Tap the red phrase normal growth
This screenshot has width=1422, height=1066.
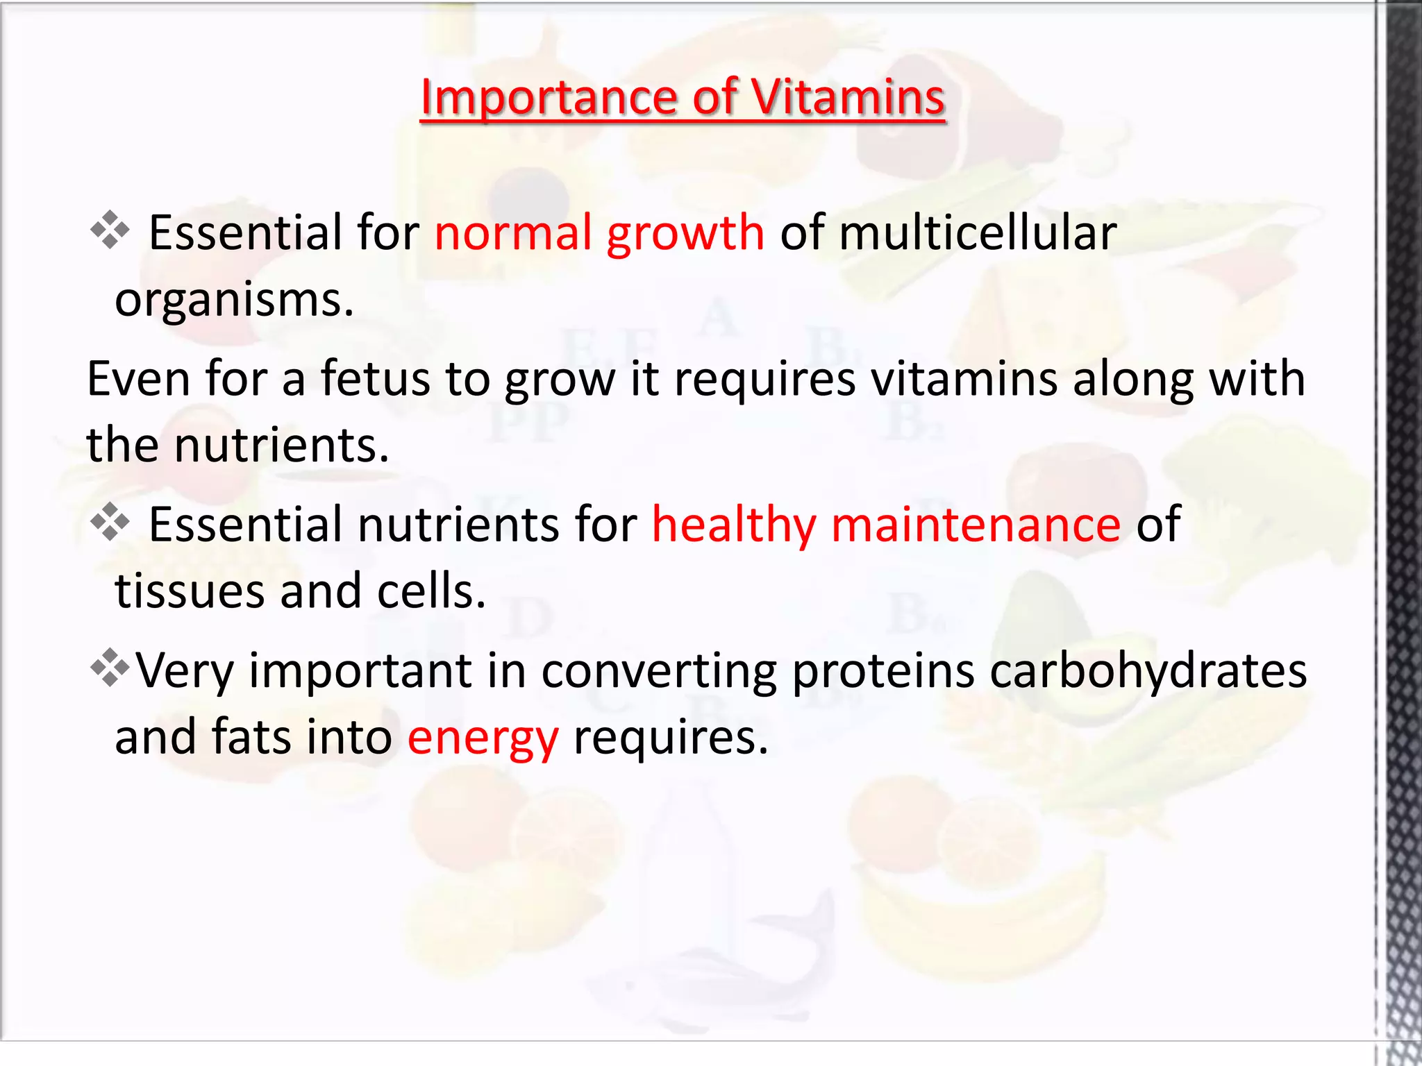(599, 232)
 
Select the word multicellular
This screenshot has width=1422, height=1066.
(978, 232)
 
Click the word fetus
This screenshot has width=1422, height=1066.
(375, 379)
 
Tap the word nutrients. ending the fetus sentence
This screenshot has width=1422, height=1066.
(281, 445)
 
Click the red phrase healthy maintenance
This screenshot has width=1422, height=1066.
(886, 524)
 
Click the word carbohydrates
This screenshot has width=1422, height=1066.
(1148, 670)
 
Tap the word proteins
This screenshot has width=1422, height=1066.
(883, 670)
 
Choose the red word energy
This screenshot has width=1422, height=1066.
(483, 738)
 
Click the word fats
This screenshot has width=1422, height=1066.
(251, 737)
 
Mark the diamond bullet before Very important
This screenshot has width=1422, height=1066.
(110, 668)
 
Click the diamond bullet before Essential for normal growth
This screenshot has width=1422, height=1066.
(110, 230)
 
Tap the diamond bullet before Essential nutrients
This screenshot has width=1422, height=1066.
(110, 522)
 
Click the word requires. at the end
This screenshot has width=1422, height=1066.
(671, 737)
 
